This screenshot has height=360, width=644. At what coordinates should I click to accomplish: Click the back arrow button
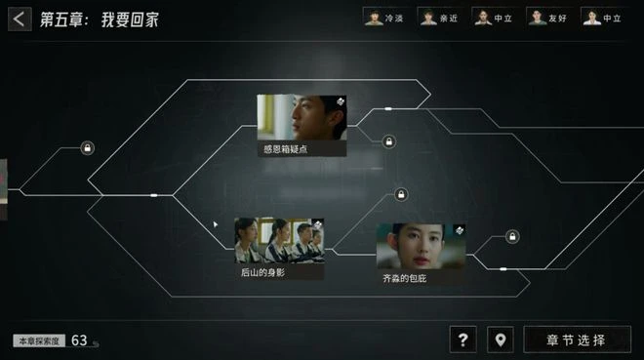19,19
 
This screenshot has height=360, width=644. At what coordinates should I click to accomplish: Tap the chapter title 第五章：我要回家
100,20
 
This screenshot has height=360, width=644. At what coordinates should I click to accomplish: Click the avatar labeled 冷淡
373,17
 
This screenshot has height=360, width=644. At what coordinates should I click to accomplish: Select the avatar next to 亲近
427,17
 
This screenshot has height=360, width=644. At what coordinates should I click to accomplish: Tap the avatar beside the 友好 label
537,17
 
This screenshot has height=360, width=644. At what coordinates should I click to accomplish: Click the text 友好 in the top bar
557,18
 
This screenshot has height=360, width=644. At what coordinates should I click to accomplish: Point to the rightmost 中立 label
612,18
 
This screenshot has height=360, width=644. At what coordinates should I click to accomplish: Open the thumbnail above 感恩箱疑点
302,118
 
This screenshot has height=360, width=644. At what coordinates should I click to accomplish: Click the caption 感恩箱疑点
285,149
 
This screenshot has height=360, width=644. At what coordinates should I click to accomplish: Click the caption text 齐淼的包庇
404,278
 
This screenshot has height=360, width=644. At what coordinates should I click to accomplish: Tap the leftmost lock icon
88,148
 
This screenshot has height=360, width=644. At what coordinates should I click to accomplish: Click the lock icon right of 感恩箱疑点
388,142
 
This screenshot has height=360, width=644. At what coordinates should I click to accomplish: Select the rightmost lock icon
512,236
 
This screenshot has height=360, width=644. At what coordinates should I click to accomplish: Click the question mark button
463,340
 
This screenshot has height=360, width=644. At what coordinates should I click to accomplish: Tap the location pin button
501,340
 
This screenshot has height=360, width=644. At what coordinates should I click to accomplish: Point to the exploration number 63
79,340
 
